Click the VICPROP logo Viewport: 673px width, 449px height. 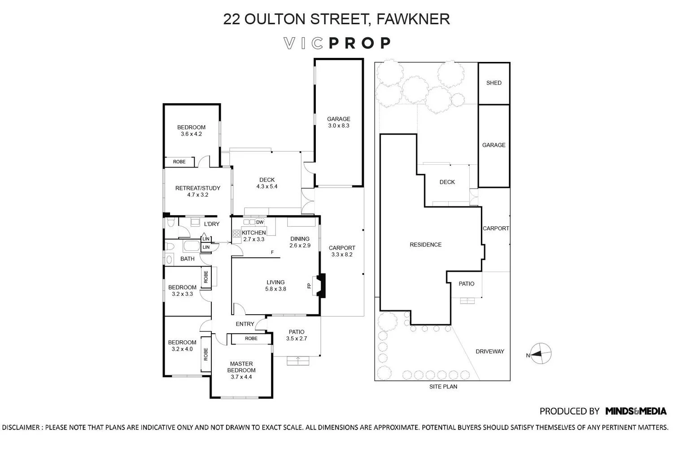tap(337, 43)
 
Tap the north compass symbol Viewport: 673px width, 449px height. tap(541, 353)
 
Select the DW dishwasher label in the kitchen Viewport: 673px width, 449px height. tap(260, 222)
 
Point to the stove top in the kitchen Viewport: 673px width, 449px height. tap(237, 233)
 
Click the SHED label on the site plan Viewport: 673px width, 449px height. tap(494, 83)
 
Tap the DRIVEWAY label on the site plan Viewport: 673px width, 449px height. tap(490, 351)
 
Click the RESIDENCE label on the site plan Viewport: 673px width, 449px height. tap(425, 245)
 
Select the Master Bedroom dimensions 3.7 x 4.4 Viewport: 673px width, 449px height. tap(241, 377)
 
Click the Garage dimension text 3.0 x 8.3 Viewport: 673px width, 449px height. tap(339, 125)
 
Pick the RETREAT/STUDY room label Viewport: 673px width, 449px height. tap(198, 188)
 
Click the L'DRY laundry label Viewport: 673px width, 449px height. tap(211, 224)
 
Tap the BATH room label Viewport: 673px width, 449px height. tap(187, 259)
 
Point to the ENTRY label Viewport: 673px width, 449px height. tap(245, 324)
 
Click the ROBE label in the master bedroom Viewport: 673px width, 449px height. tap(251, 339)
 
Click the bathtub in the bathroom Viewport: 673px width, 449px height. tap(192, 246)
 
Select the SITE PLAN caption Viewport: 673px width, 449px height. tap(443, 387)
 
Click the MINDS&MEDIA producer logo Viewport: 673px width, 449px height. tap(636, 411)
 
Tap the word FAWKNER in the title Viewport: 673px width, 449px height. tap(413, 19)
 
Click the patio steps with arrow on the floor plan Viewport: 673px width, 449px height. tap(298, 361)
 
